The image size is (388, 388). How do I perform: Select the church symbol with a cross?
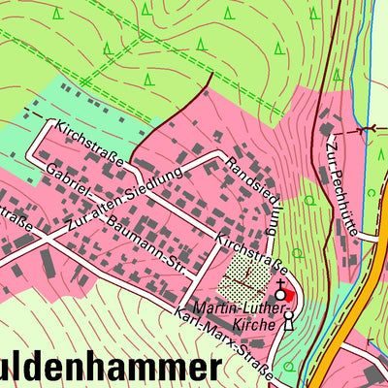tap(281, 288)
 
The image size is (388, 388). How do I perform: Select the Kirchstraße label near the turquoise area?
tap(90, 143)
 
